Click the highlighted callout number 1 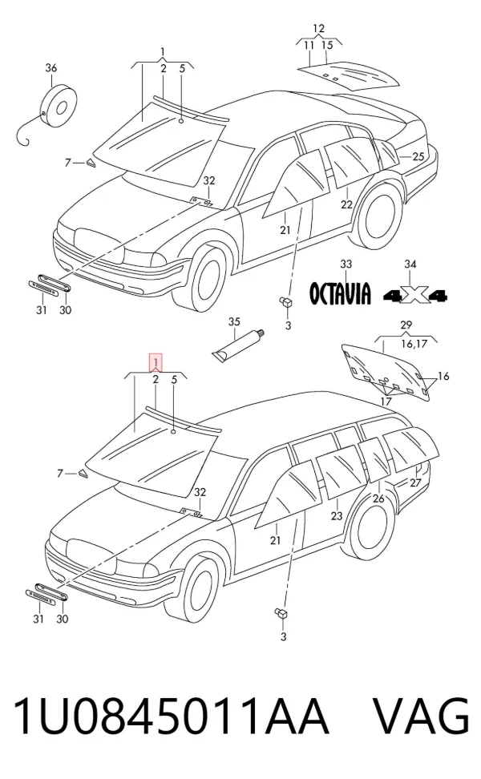click(156, 361)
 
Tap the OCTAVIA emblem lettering click(340, 293)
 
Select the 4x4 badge click(415, 296)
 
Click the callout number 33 click(346, 264)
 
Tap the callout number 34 click(410, 264)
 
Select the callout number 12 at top click(318, 28)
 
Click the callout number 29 click(406, 325)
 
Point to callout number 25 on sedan click(418, 156)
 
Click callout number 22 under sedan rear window click(346, 204)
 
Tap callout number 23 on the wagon click(337, 515)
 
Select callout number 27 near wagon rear click(415, 482)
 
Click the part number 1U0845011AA click(171, 716)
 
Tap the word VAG click(420, 716)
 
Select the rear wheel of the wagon click(370, 523)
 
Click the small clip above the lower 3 click(281, 613)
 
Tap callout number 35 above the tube click(234, 322)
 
